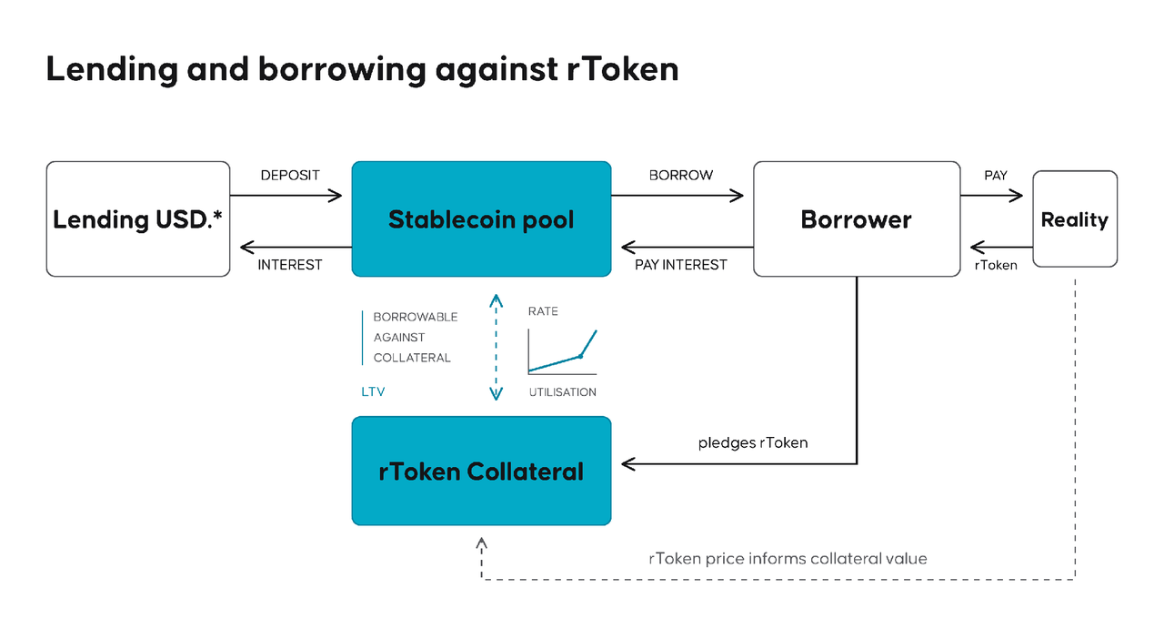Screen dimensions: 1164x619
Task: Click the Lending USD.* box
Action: [137, 219]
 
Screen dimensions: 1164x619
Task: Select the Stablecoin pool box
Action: [481, 219]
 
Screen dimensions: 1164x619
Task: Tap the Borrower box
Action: [857, 219]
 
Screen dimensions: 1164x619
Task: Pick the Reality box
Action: [1075, 219]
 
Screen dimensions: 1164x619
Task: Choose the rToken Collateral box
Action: [481, 471]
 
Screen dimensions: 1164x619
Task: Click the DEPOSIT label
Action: [290, 176]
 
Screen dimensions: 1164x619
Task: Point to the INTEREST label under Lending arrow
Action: [290, 265]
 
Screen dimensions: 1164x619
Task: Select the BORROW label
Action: [681, 176]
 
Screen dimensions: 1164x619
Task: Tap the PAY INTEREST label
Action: [681, 265]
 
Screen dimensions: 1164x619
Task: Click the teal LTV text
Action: [373, 391]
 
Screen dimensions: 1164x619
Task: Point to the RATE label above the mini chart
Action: [543, 311]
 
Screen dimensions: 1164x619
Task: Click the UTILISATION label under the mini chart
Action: [562, 392]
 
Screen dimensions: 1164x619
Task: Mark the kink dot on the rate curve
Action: [580, 356]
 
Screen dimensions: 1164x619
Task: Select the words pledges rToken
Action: [753, 442]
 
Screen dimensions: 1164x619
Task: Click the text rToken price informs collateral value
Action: [788, 559]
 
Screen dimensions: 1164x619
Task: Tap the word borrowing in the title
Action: [343, 69]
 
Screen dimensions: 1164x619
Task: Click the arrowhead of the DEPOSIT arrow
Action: [336, 196]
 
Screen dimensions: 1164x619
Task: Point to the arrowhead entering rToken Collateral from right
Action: [627, 463]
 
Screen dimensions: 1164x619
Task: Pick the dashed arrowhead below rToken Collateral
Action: [481, 543]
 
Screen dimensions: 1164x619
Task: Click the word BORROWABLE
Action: [416, 317]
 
